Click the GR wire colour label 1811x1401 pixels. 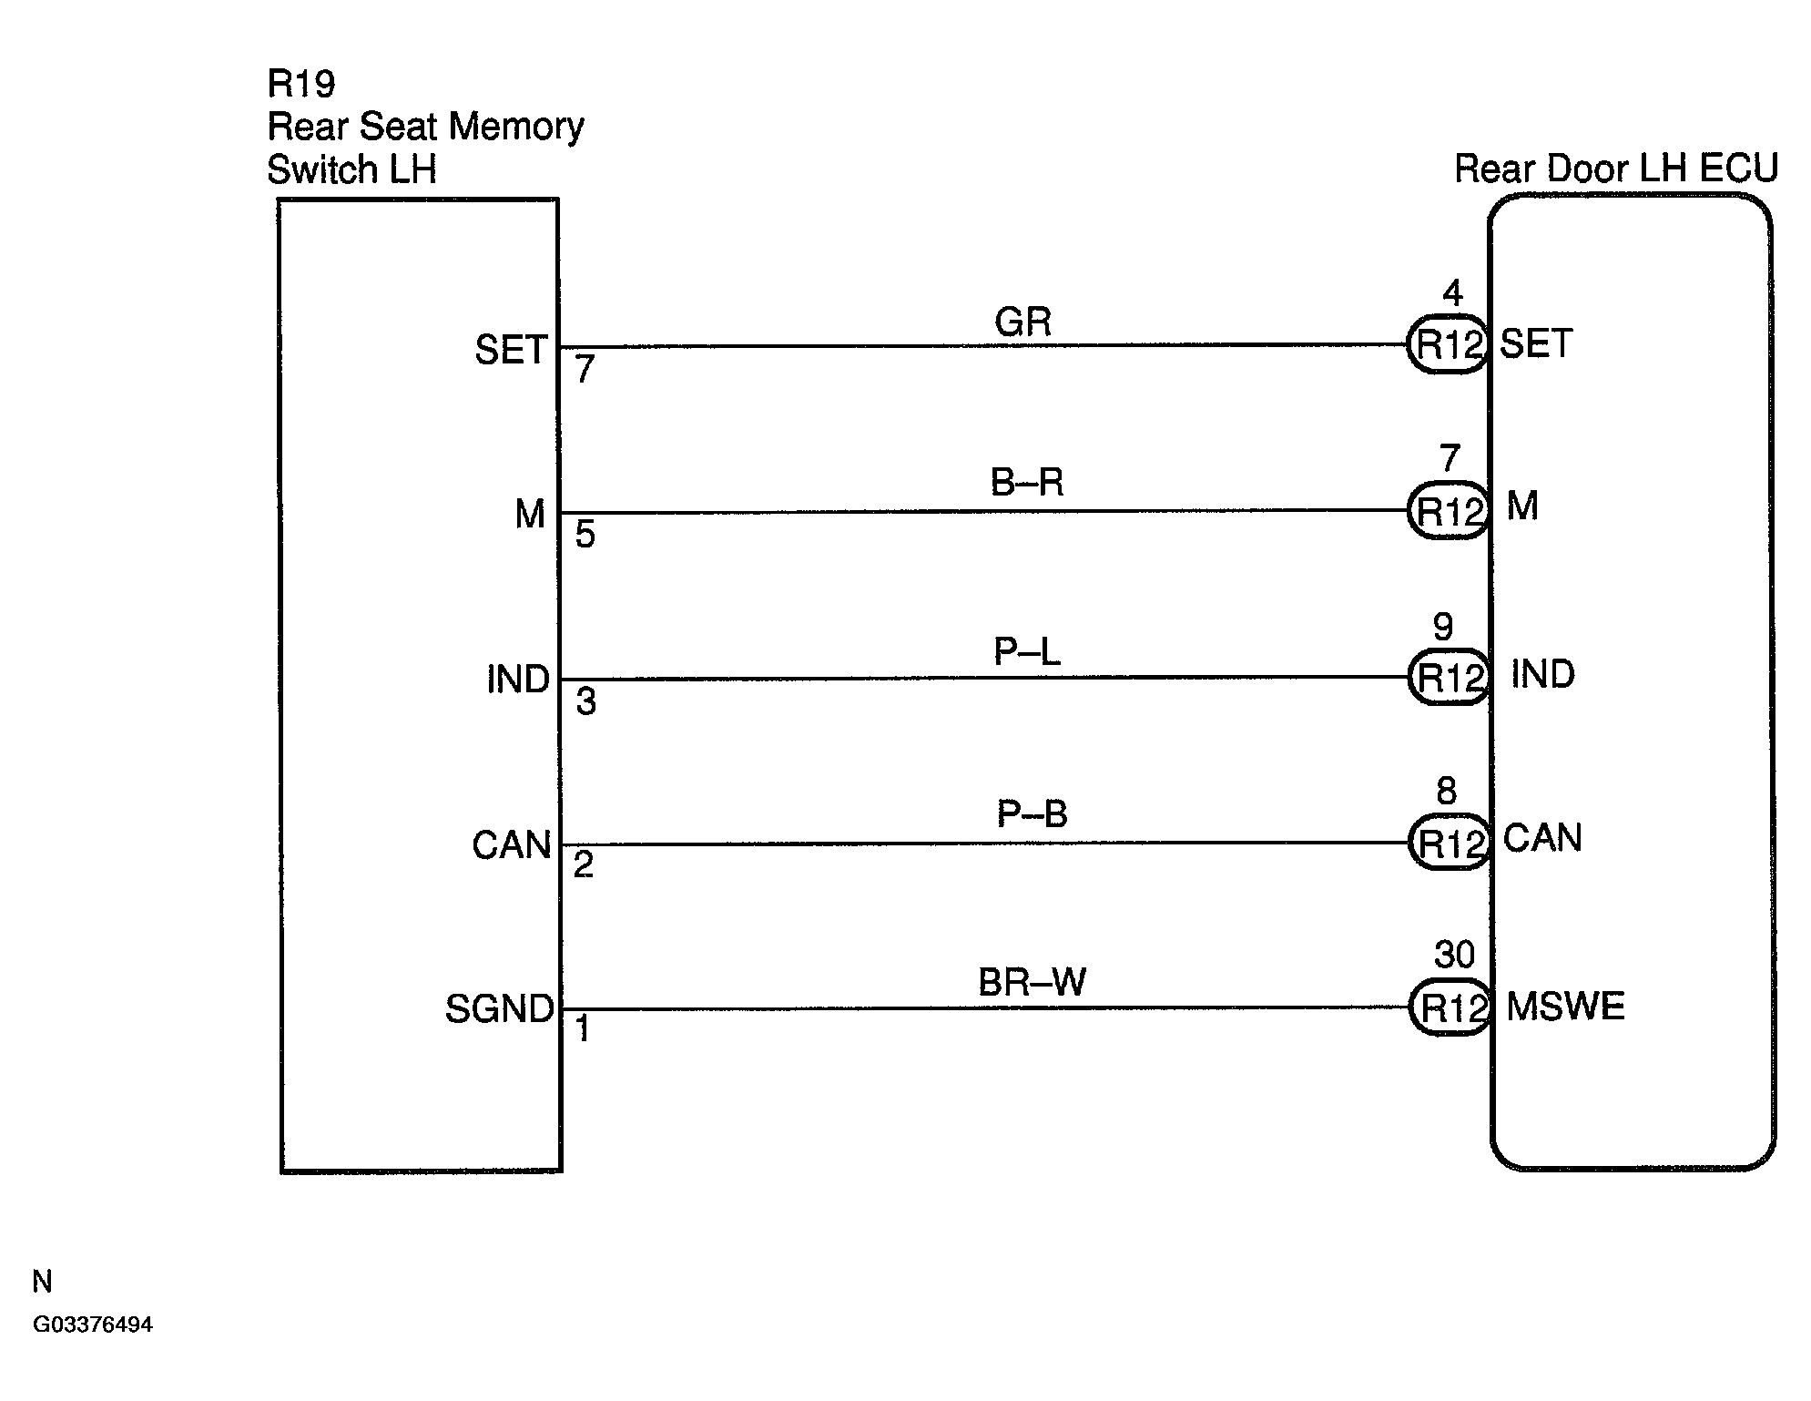1023,322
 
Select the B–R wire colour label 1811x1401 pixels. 1027,482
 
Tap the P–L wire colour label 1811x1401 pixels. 1027,651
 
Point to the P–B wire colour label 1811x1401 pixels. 1032,813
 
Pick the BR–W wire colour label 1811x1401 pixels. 1032,982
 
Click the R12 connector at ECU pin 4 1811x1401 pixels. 1448,345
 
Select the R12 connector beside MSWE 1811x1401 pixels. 1450,1007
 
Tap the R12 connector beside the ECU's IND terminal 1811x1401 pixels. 1449,678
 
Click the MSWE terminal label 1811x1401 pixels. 1565,1007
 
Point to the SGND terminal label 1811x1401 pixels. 499,1009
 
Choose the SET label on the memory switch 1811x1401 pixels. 511,350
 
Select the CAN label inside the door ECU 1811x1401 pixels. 1542,838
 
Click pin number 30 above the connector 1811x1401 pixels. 1454,955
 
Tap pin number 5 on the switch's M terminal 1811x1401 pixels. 585,535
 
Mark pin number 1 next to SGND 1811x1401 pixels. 583,1029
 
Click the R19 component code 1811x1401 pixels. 301,84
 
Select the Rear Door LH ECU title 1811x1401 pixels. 1616,169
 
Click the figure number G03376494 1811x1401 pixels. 93,1324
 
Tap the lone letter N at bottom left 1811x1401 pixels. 42,1282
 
